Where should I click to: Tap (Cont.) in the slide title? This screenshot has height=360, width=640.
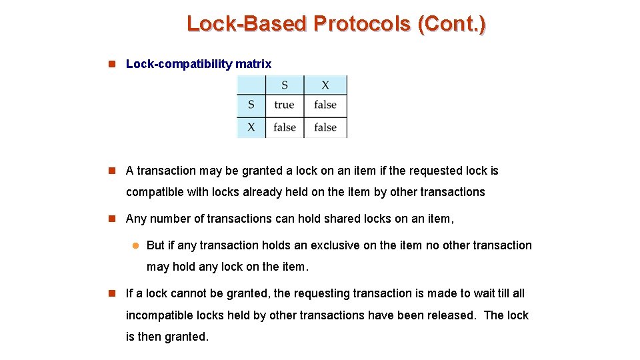[x=451, y=24]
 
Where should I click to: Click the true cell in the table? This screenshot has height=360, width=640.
[x=284, y=105]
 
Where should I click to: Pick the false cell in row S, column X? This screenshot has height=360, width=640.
[x=325, y=105]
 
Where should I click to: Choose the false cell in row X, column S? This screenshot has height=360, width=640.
[x=285, y=127]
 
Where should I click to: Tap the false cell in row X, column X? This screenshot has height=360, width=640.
[x=325, y=127]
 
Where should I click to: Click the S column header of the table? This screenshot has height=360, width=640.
[x=285, y=85]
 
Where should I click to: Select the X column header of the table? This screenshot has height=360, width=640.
[x=325, y=85]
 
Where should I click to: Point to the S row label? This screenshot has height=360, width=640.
[x=251, y=105]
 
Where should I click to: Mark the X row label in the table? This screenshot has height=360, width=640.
[x=251, y=127]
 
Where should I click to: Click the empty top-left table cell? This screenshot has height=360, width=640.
[x=251, y=85]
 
